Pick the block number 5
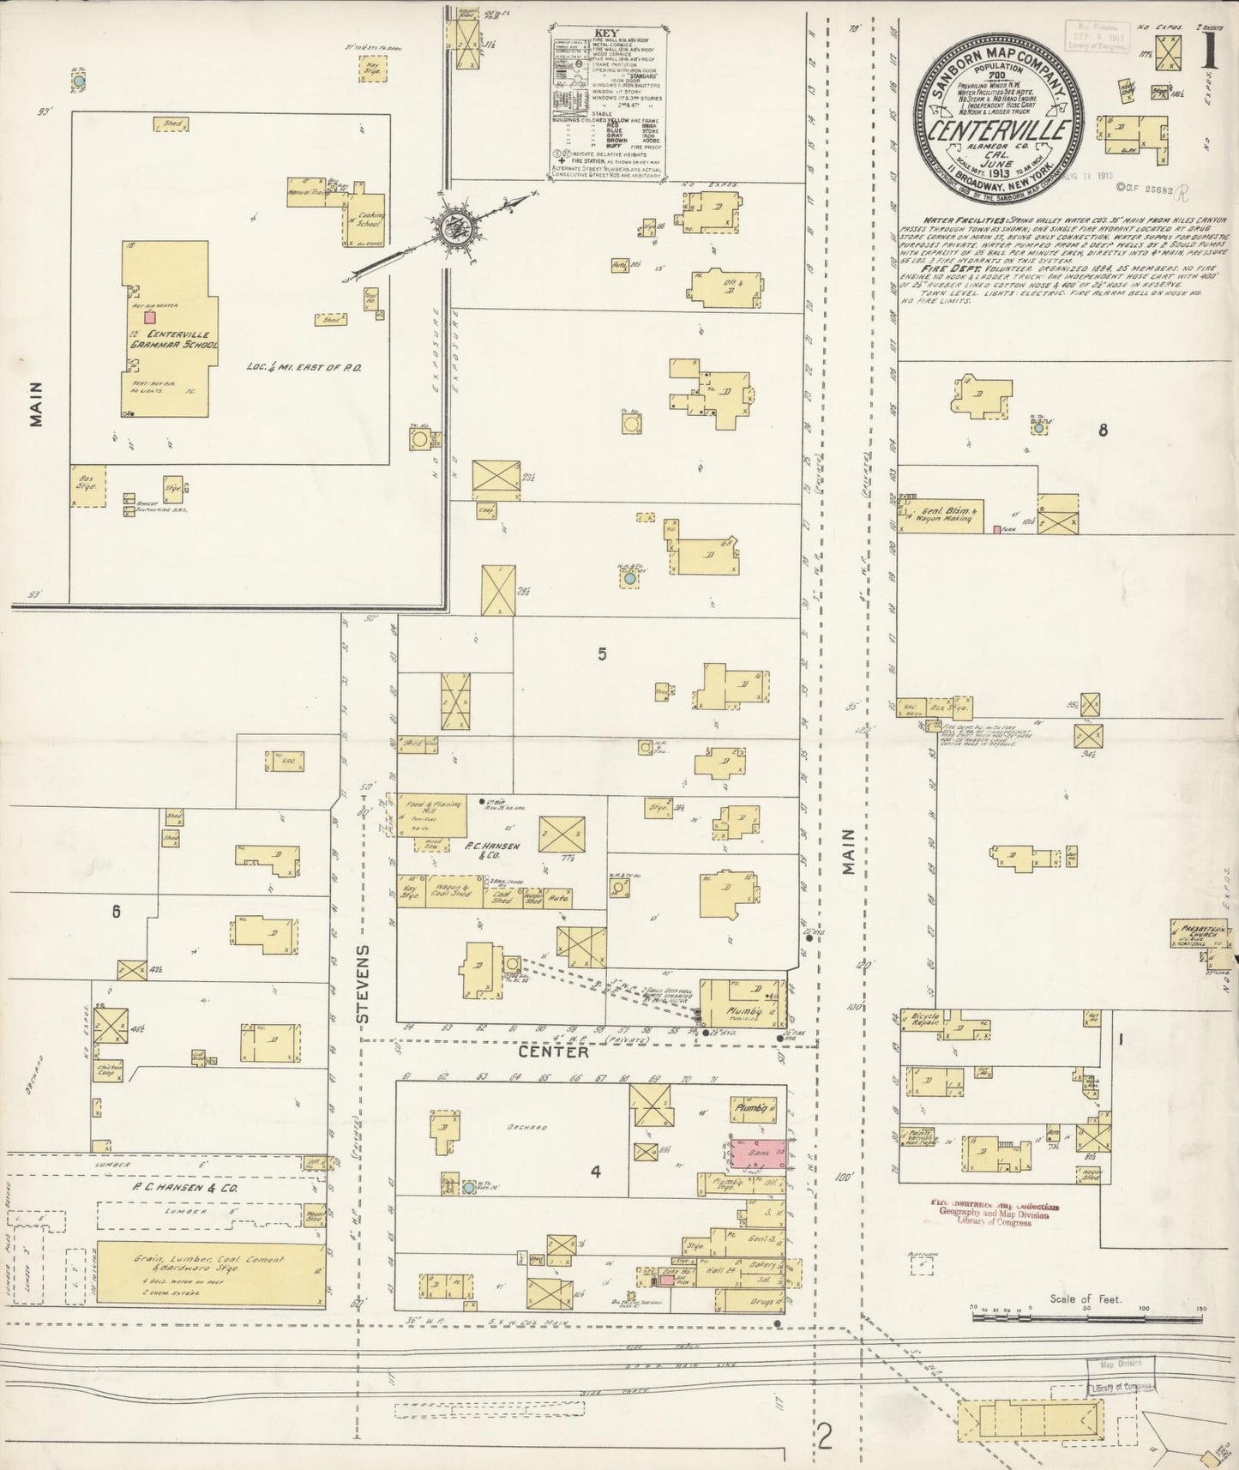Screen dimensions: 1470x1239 (x=603, y=654)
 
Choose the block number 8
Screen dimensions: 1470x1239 (x=1103, y=431)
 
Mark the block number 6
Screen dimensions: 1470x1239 (x=116, y=913)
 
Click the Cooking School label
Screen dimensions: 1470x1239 (x=370, y=220)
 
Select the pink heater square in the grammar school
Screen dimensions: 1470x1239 (x=150, y=316)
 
